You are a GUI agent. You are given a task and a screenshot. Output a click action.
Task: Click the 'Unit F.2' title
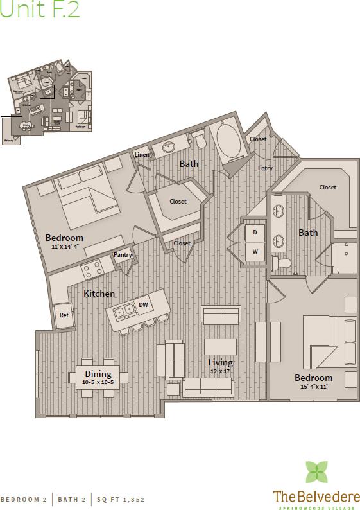click(40, 12)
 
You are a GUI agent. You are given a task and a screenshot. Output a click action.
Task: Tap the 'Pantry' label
click(122, 255)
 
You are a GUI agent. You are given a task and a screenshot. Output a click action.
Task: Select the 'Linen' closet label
click(142, 154)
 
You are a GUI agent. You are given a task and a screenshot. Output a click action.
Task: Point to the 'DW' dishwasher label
click(143, 304)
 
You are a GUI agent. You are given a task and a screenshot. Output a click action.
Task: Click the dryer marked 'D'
click(255, 232)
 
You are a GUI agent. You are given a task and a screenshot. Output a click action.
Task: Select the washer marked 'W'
click(255, 251)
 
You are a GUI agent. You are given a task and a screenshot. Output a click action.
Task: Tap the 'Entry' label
click(265, 168)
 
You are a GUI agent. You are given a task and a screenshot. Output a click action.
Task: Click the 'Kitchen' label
click(99, 294)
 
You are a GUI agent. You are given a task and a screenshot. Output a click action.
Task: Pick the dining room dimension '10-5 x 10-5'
click(98, 383)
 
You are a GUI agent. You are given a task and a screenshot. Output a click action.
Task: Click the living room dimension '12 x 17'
click(220, 371)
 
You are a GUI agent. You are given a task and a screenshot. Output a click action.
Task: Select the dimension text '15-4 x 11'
click(313, 387)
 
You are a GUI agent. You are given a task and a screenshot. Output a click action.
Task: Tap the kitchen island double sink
click(123, 312)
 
